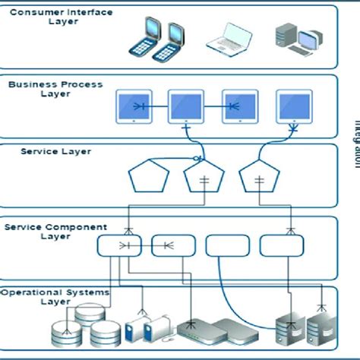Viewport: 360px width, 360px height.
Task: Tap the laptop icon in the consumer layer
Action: pyautogui.click(x=227, y=39)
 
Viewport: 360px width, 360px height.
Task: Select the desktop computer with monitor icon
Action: pyautogui.click(x=293, y=39)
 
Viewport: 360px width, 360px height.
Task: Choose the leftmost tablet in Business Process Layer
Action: pyautogui.click(x=133, y=107)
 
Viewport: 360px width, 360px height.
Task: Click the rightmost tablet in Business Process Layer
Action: pyautogui.click(x=294, y=107)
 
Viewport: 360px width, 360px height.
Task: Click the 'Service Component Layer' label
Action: pyautogui.click(x=55, y=231)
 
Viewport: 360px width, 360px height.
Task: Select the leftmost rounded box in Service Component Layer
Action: pyautogui.click(x=118, y=246)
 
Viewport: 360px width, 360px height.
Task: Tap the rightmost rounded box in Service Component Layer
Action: pyautogui.click(x=282, y=245)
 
